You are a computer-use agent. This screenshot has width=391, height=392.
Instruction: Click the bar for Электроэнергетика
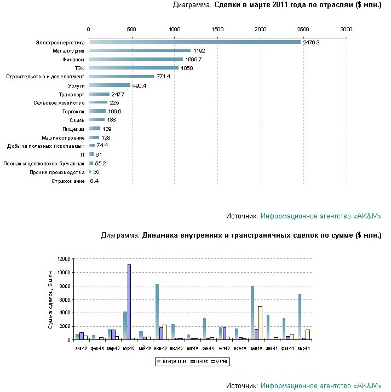(194, 42)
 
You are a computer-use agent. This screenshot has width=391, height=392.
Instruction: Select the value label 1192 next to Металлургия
(199, 50)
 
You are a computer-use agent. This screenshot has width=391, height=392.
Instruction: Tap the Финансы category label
(72, 59)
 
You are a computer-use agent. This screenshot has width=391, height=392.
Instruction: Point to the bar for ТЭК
(134, 68)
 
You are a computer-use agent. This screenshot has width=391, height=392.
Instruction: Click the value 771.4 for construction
(165, 77)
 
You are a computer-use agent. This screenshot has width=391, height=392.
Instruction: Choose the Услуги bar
(110, 85)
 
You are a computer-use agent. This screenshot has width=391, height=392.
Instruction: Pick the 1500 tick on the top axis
(217, 28)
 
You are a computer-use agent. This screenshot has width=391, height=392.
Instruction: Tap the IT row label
(83, 155)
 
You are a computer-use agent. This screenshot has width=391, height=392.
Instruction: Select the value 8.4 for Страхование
(94, 181)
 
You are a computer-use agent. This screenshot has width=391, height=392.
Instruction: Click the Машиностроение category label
(64, 137)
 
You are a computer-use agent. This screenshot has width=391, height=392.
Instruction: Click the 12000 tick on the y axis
(65, 259)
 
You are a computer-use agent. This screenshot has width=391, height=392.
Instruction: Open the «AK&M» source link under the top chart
(320, 216)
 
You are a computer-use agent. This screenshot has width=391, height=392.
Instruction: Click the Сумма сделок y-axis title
(50, 299)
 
